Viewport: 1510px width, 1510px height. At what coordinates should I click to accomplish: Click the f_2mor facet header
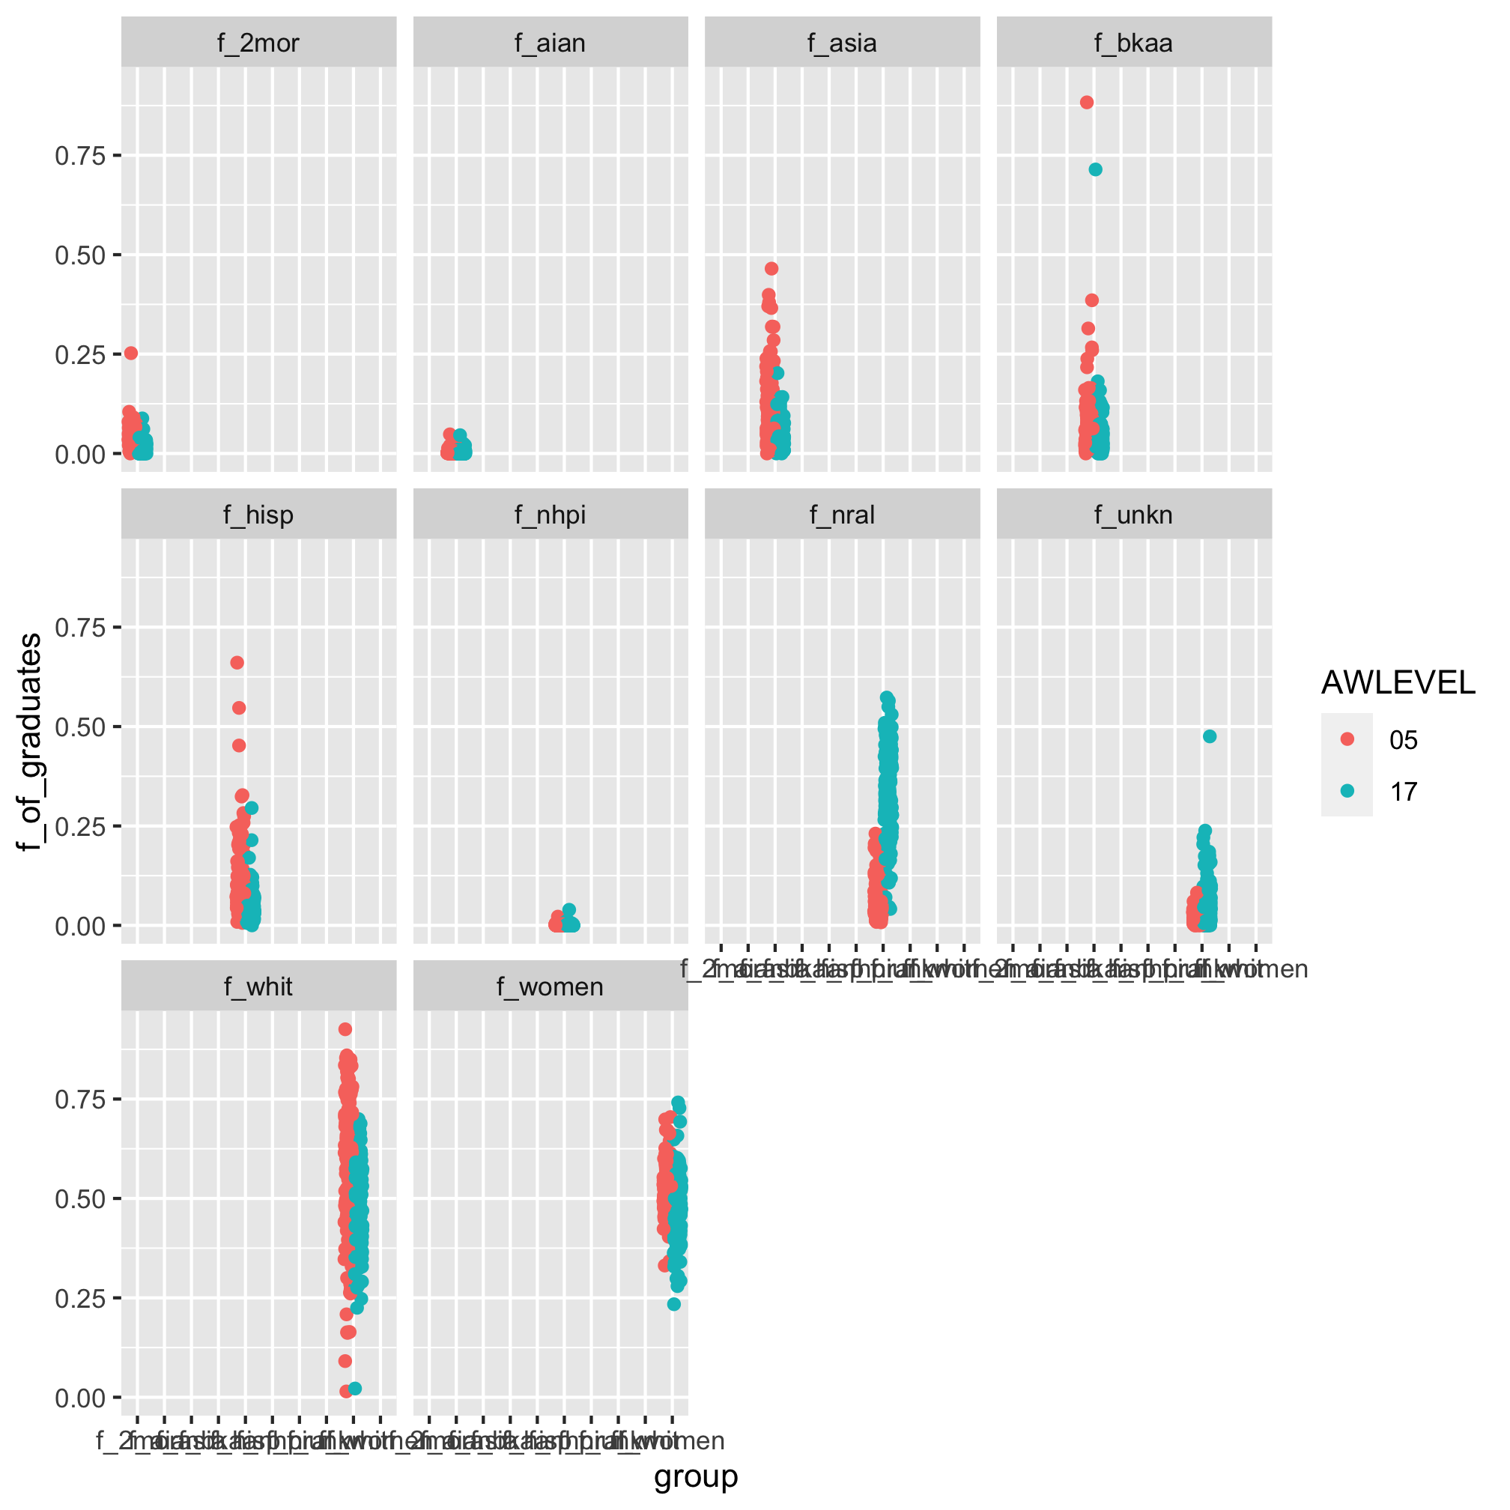click(258, 43)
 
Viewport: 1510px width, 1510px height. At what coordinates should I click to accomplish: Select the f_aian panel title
click(551, 43)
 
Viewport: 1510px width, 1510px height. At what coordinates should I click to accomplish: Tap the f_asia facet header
click(842, 43)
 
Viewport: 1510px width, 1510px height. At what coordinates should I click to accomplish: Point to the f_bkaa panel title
click(1133, 43)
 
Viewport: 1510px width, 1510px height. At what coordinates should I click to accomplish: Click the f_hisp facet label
click(258, 515)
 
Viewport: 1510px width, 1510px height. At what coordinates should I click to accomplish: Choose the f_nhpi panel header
click(551, 515)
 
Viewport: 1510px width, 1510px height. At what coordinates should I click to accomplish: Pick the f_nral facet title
click(842, 515)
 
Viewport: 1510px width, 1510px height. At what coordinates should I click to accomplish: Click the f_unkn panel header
click(1133, 515)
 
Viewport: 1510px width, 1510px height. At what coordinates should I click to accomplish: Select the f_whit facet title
click(258, 987)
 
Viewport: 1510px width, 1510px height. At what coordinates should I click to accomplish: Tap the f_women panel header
click(551, 987)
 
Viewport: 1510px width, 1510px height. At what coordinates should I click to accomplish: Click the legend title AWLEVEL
click(1398, 683)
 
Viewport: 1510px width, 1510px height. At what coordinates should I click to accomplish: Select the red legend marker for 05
click(1347, 739)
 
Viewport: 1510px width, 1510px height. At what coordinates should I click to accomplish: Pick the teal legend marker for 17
click(1347, 791)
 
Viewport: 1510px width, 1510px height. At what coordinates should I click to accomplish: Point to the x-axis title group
click(696, 1476)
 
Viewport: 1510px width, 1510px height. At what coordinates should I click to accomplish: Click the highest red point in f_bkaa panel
click(1086, 103)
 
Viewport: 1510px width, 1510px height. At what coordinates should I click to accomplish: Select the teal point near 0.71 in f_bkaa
click(1096, 169)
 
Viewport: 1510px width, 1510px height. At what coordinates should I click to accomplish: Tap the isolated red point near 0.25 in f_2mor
click(131, 354)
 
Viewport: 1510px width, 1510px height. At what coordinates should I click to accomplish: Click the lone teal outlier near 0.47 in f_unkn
click(1210, 736)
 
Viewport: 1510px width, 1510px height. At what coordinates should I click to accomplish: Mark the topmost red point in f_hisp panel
click(237, 663)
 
